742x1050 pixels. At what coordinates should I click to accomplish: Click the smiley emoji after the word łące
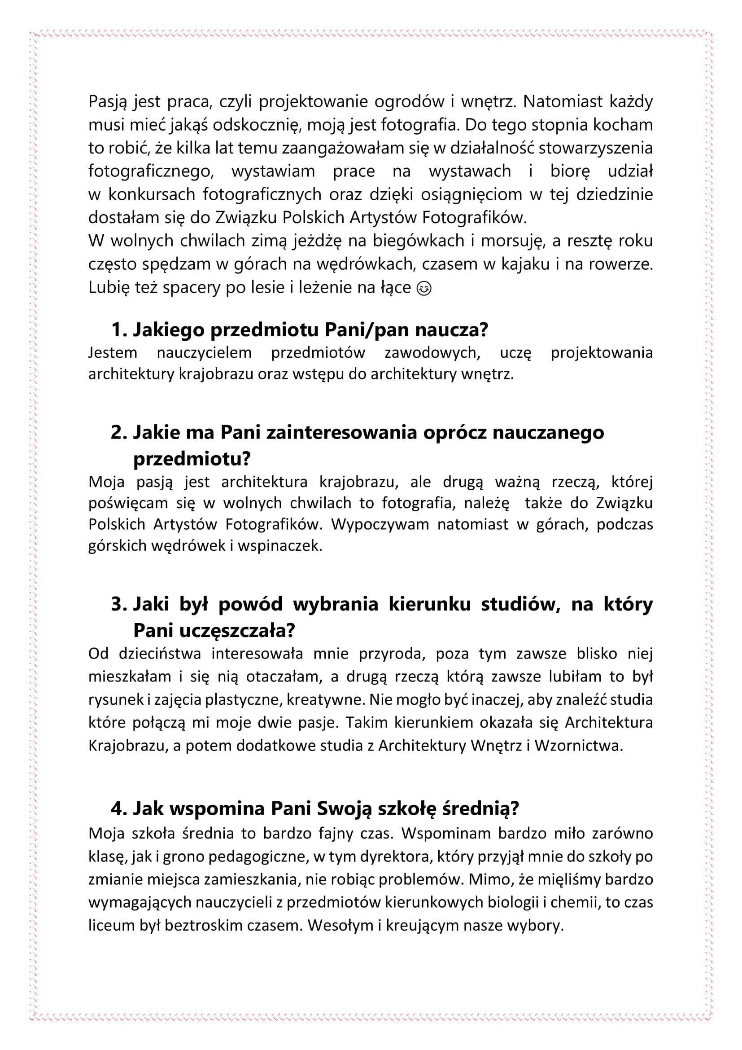tap(424, 289)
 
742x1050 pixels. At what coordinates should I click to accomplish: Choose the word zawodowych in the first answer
tap(432, 352)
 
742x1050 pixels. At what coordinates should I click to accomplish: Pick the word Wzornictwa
tap(579, 746)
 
